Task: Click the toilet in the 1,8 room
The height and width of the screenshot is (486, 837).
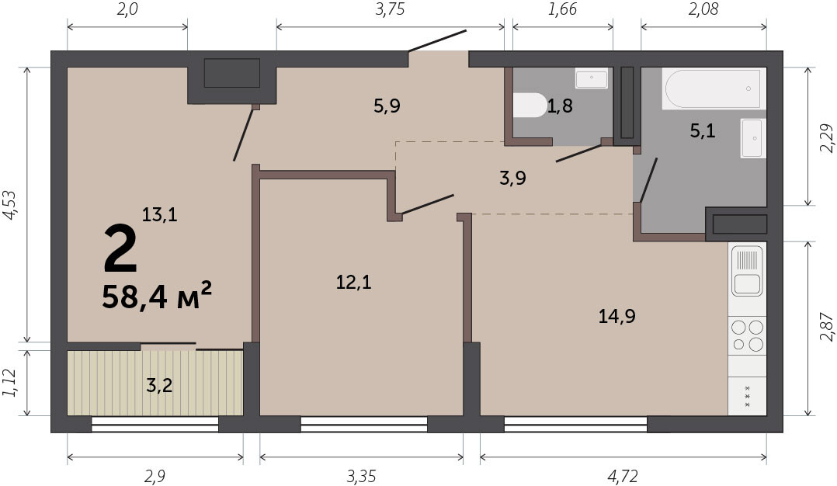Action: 530,105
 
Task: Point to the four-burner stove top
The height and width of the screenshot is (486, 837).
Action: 747,335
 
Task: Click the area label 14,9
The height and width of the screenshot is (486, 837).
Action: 616,317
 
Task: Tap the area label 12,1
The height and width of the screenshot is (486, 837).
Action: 353,282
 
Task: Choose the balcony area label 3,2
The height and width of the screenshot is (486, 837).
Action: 159,384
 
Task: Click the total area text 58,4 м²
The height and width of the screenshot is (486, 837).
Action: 157,296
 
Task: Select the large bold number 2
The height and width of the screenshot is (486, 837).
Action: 120,248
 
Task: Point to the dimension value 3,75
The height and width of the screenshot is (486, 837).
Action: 390,9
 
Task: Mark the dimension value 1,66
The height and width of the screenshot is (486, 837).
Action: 562,9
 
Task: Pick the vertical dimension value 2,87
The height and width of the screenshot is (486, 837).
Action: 826,327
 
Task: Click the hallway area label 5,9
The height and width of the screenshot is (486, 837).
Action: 387,106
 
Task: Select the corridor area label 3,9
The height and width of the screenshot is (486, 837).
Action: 512,178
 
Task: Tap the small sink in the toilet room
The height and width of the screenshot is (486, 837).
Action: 592,78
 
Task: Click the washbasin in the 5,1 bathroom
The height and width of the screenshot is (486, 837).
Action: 753,138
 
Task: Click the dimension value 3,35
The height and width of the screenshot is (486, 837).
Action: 361,476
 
